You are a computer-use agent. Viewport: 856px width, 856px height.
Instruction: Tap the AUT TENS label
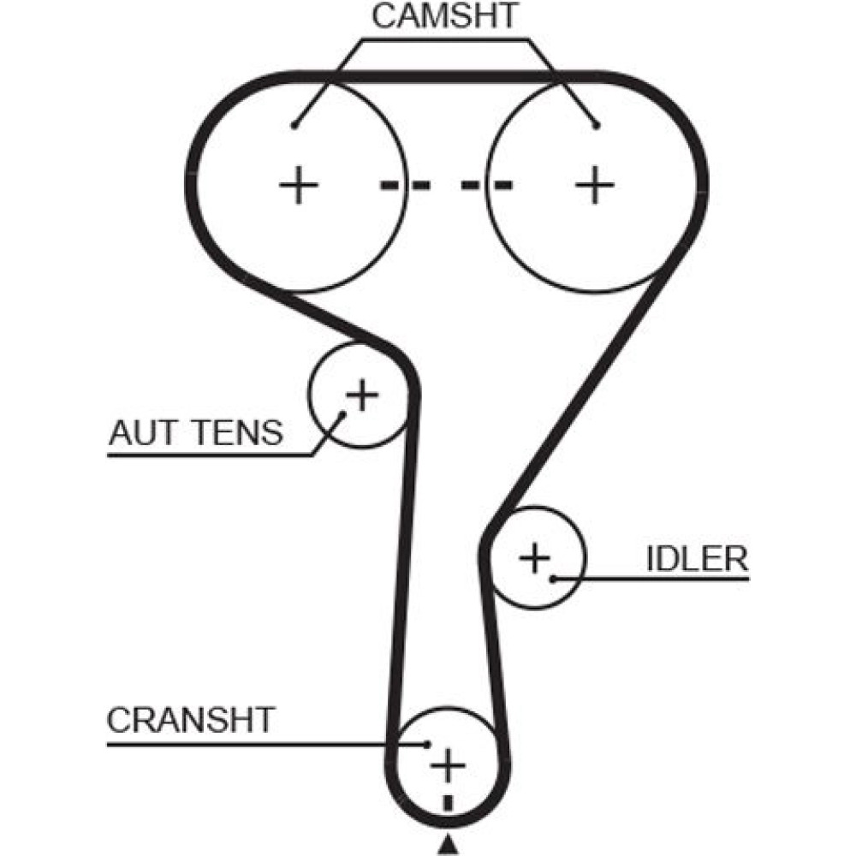pos(195,433)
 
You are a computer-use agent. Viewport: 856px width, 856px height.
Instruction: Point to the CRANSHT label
pos(190,720)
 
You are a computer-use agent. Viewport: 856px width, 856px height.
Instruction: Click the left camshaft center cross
pos(299,185)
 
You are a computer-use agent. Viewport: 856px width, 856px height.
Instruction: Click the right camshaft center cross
pos(594,185)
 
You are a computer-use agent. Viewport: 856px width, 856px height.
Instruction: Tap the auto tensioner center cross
pos(361,395)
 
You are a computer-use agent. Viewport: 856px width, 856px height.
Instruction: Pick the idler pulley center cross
pos(536,558)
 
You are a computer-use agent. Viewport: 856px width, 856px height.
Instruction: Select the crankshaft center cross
pos(447,764)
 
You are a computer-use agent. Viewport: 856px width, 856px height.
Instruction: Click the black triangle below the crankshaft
pos(447,847)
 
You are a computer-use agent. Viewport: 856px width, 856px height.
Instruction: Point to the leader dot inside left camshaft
pos(294,126)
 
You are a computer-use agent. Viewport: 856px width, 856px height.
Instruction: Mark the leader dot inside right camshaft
pos(597,126)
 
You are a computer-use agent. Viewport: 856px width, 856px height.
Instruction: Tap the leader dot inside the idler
pos(554,579)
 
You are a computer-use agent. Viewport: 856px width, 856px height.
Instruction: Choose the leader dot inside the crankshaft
pos(426,744)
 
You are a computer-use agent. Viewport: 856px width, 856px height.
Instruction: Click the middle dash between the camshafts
pos(446,185)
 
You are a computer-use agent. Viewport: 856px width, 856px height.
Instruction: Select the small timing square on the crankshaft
pos(447,803)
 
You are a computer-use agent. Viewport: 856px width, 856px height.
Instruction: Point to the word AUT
pos(136,433)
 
